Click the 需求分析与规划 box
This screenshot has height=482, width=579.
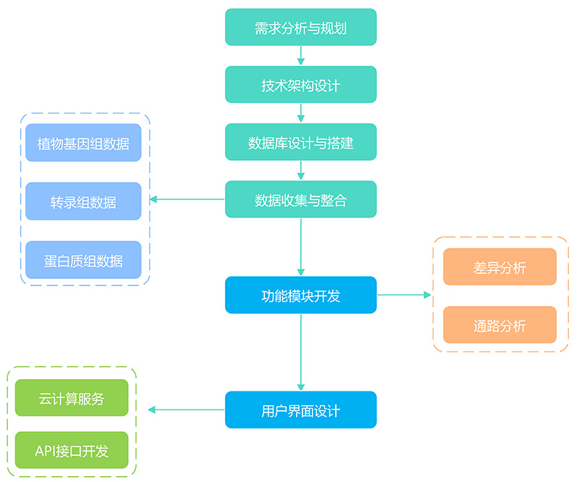300,28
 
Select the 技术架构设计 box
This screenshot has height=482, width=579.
300,85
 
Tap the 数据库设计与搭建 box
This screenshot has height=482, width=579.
300,142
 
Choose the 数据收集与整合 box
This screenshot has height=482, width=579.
300,199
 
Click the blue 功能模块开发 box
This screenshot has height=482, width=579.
300,295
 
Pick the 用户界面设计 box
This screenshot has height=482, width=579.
300,410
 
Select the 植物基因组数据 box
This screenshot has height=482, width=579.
83,143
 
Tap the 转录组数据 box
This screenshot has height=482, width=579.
83,201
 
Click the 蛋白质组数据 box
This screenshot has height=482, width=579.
83,260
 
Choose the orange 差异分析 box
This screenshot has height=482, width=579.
499,267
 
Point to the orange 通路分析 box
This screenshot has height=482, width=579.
499,325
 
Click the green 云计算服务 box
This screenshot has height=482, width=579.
72,398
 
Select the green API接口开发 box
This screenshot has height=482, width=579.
72,450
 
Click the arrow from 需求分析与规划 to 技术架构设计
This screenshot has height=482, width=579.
300,56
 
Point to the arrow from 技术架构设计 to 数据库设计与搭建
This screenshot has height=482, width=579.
300,113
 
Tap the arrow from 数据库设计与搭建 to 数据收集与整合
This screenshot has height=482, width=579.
300,170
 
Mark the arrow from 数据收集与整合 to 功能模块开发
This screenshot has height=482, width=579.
300,247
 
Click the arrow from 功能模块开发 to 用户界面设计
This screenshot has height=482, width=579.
300,352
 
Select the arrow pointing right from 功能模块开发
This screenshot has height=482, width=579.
405,295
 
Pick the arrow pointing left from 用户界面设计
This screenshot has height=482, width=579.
187,410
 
